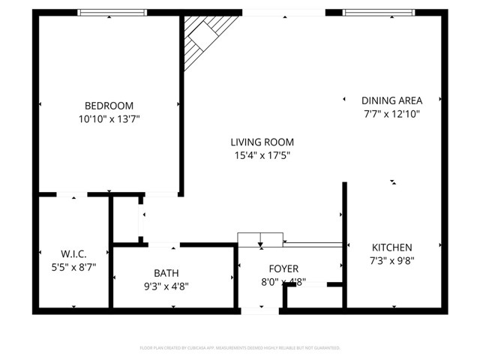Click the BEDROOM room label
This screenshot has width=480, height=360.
coord(109,106)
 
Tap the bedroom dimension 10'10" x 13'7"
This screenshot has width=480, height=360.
coord(109,118)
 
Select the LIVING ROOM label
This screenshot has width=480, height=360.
coord(262,142)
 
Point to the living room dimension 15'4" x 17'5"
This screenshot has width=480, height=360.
coord(262,155)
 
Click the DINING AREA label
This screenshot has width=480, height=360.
coord(391,100)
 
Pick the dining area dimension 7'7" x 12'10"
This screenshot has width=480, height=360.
coord(391,114)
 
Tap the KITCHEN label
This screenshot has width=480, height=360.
coord(391,247)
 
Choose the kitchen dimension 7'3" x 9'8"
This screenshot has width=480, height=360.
coord(391,261)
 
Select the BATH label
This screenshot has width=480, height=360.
coord(166,273)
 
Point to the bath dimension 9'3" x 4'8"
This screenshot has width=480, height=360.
coord(166,286)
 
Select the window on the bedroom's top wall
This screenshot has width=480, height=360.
coord(112,12)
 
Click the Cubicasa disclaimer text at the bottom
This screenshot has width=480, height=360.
coord(240,348)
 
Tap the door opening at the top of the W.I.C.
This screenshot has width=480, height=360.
coord(73,195)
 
